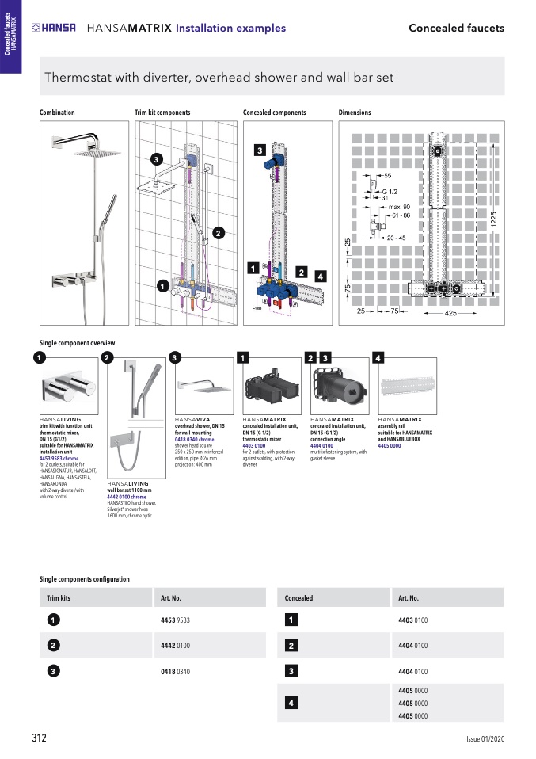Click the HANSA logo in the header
54,28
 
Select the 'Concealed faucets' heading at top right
456,28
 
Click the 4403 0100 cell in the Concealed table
413,620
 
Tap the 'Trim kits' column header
59,598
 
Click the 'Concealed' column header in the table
299,598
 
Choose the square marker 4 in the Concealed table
291,703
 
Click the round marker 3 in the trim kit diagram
157,160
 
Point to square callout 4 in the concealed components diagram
320,276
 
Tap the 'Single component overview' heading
73,343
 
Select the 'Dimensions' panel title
355,113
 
